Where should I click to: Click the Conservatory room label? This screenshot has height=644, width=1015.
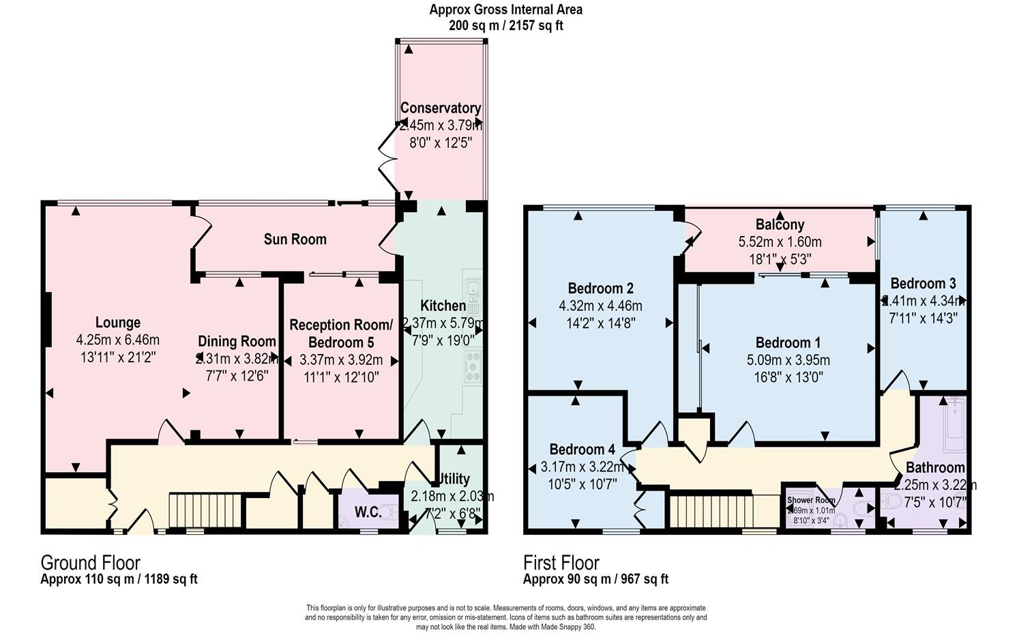pyautogui.click(x=441, y=108)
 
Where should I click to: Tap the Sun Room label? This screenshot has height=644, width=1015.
pyautogui.click(x=295, y=239)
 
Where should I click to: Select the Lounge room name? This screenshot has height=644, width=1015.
pyautogui.click(x=118, y=323)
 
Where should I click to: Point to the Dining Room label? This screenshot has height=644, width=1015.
pyautogui.click(x=237, y=341)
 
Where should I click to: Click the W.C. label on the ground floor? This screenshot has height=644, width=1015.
pyautogui.click(x=367, y=512)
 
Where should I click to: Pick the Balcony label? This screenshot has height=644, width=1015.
pyautogui.click(x=780, y=224)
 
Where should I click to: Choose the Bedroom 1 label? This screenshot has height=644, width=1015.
pyautogui.click(x=788, y=342)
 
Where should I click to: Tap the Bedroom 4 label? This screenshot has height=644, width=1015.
pyautogui.click(x=582, y=450)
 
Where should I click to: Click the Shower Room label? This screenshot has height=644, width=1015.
pyautogui.click(x=811, y=500)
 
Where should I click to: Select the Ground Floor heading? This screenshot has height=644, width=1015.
pyautogui.click(x=90, y=563)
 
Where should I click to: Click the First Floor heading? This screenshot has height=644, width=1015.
pyautogui.click(x=561, y=563)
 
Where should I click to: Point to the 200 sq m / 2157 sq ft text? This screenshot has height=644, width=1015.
pyautogui.click(x=505, y=26)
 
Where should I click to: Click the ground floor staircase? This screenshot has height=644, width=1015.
pyautogui.click(x=206, y=510)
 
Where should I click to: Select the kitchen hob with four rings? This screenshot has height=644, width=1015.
pyautogui.click(x=472, y=366)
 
